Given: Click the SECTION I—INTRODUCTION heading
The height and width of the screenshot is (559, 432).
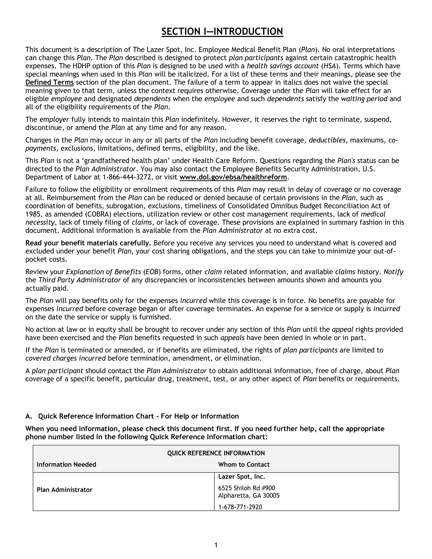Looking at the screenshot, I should (222, 32).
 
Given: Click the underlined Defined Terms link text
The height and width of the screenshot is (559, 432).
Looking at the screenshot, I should (50, 82).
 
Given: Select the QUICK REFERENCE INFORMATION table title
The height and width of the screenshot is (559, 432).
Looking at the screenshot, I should (216, 453).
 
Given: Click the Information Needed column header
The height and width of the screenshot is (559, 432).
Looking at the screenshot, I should (66, 464).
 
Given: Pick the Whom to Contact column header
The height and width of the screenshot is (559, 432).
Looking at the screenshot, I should (244, 464).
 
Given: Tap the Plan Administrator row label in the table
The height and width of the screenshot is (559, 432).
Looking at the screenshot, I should (65, 490).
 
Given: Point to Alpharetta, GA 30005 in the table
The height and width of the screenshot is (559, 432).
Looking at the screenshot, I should (248, 496).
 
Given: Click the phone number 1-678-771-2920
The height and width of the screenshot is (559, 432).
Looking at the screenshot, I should (240, 507).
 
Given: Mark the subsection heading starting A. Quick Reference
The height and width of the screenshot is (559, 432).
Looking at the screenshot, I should (132, 416).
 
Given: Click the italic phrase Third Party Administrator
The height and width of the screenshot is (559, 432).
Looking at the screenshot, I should (79, 280).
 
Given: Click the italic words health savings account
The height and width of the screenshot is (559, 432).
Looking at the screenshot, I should (282, 66).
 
